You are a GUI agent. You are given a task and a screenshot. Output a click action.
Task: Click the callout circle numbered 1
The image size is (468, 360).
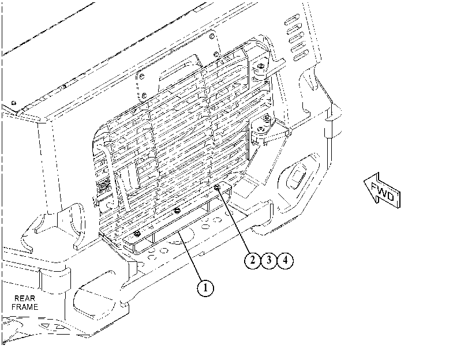pyautogui.click(x=205, y=288)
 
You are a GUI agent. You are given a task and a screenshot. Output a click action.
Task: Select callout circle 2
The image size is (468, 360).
pyautogui.click(x=253, y=260)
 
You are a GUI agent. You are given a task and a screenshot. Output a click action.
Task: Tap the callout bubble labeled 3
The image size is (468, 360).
pyautogui.click(x=269, y=260)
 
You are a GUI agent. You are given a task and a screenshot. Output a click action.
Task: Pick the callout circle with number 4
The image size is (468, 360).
pyautogui.click(x=285, y=260)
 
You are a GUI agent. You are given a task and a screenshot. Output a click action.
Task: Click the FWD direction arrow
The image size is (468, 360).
pyautogui.click(x=382, y=191)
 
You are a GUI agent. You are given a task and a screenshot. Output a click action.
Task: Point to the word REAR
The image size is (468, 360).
pyautogui.click(x=25, y=298)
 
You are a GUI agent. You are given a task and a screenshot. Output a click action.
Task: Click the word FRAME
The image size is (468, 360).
pyautogui.click(x=25, y=307)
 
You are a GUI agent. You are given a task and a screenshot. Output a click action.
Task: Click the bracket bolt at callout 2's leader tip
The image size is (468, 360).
pyautogui.click(x=218, y=187)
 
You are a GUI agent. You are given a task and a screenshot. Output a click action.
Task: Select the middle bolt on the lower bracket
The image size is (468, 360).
pyautogui.click(x=177, y=211)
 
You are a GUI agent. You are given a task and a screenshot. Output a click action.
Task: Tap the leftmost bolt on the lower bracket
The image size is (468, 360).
pyautogui.click(x=137, y=233)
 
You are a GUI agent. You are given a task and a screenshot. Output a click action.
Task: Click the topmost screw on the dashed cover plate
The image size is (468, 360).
pyautogui.click(x=212, y=36)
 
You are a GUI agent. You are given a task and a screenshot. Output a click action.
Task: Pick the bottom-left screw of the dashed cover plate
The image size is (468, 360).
pyautogui.click(x=144, y=96)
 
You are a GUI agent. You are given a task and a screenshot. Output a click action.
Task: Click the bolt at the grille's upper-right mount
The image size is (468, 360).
pyautogui.click(x=261, y=66)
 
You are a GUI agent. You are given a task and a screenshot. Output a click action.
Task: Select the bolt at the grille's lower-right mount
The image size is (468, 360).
pyautogui.click(x=261, y=129)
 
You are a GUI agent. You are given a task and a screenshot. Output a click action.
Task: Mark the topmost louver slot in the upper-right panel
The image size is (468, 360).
pyautogui.click(x=291, y=20)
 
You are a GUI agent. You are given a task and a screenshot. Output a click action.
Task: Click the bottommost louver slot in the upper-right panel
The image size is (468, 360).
pyautogui.click(x=301, y=56)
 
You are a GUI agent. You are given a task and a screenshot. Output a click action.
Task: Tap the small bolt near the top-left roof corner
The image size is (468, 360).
pyautogui.click(x=14, y=103)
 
